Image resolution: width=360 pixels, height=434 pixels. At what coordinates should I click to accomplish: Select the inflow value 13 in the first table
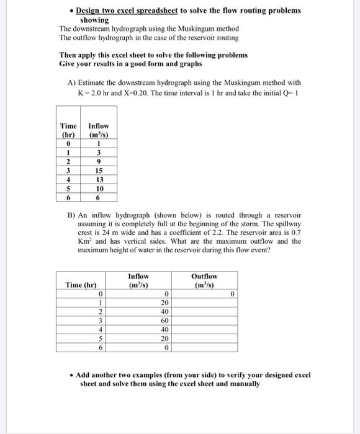pyautogui.click(x=99, y=180)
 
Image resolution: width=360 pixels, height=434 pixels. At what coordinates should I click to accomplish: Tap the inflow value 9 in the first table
pyautogui.click(x=99, y=162)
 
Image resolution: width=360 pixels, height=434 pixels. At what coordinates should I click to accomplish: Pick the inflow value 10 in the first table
pyautogui.click(x=99, y=188)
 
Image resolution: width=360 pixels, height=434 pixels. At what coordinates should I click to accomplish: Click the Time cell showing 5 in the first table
pyautogui.click(x=68, y=188)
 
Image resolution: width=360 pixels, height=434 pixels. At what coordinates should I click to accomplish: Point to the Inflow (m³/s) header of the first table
pyautogui.click(x=99, y=131)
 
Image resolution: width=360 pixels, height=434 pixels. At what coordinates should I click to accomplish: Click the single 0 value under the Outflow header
pyautogui.click(x=232, y=294)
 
